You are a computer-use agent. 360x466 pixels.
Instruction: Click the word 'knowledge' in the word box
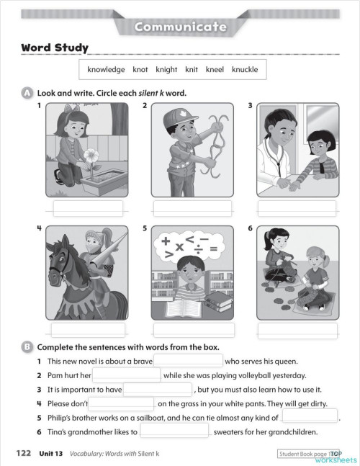click(106, 70)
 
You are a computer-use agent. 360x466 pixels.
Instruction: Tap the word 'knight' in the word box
click(166, 70)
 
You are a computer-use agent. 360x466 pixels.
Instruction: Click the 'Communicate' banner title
click(180, 27)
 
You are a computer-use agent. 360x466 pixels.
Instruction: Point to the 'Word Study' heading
click(55, 48)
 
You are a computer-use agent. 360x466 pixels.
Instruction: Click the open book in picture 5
click(170, 310)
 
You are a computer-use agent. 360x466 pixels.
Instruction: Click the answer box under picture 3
click(297, 207)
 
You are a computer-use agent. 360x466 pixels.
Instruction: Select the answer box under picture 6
click(297, 330)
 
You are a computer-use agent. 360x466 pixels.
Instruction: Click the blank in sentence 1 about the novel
click(188, 361)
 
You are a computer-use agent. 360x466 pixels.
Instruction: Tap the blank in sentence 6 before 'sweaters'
click(174, 432)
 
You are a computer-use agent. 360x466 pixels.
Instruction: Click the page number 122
click(23, 453)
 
